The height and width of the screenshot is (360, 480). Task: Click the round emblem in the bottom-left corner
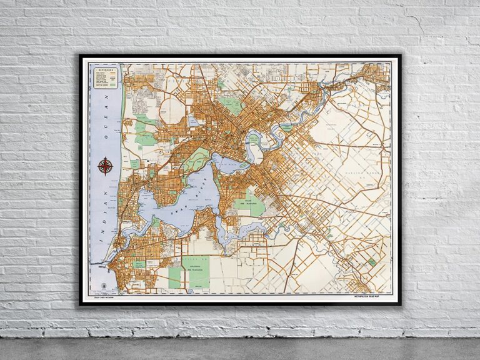[102, 286]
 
